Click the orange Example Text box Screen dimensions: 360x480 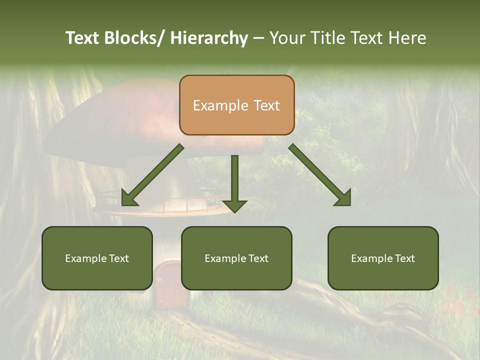(x=236, y=105)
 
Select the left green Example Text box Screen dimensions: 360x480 (x=97, y=258)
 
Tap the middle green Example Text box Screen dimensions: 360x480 (x=236, y=258)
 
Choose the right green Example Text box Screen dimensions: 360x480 (x=383, y=258)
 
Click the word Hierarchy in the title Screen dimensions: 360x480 (x=209, y=38)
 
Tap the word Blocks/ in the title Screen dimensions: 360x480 (x=134, y=38)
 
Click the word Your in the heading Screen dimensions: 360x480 (x=287, y=38)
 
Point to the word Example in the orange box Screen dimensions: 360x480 (x=220, y=105)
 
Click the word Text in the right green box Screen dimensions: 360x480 (x=404, y=258)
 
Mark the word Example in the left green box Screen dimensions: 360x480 (x=85, y=258)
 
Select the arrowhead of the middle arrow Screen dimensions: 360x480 (x=234, y=205)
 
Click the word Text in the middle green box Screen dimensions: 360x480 (x=257, y=258)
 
